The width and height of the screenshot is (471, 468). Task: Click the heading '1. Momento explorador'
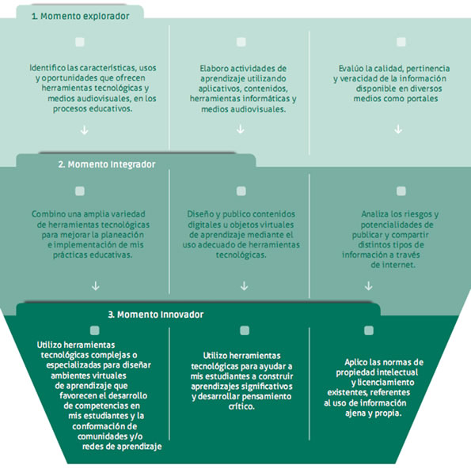[x=81, y=16]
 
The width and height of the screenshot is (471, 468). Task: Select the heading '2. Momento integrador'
[x=107, y=164]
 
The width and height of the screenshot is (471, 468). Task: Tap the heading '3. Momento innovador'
[x=156, y=315]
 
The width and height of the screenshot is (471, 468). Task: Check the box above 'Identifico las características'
[x=80, y=42]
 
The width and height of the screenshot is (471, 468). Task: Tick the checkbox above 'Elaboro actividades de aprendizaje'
[x=241, y=42]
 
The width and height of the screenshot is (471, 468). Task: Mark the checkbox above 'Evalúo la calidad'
[x=401, y=42]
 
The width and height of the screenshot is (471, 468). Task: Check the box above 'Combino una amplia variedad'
[x=80, y=191]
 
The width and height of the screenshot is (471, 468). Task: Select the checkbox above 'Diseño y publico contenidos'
[x=241, y=191]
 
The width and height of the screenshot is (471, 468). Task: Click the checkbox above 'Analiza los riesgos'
[x=401, y=191]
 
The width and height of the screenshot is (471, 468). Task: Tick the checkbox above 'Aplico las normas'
[x=369, y=330]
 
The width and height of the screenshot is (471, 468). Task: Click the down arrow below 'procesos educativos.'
[x=85, y=130]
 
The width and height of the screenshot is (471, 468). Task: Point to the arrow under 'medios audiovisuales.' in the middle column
[x=241, y=130]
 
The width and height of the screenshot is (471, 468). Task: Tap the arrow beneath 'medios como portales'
[x=398, y=130]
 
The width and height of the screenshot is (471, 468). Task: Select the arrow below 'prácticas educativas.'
[x=96, y=285]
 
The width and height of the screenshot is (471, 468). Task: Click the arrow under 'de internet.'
[x=369, y=286]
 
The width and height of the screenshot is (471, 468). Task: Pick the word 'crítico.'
[x=241, y=407]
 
